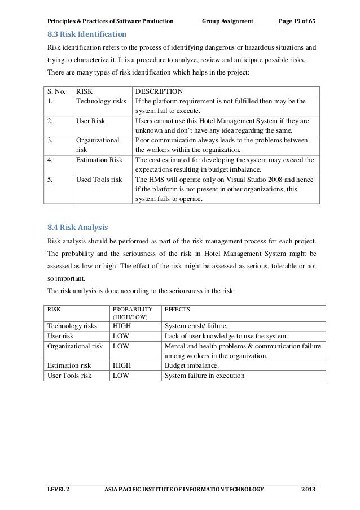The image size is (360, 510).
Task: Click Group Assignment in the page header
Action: tap(226, 7)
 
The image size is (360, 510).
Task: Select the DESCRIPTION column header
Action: tap(160, 90)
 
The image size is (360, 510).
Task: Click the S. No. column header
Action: tap(57, 90)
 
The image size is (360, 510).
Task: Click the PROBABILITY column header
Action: tap(133, 310)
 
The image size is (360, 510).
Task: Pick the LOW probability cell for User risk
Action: tap(121, 335)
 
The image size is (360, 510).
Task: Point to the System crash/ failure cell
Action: tap(196, 326)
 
